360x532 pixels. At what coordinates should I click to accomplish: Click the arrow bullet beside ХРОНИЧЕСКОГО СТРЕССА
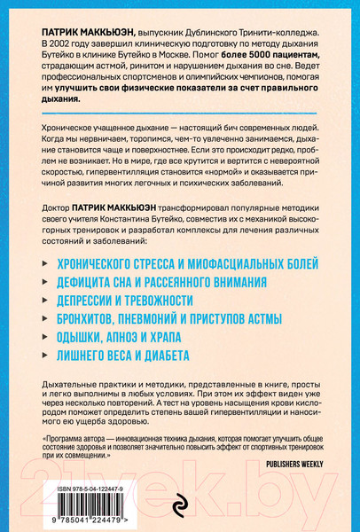48,264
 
